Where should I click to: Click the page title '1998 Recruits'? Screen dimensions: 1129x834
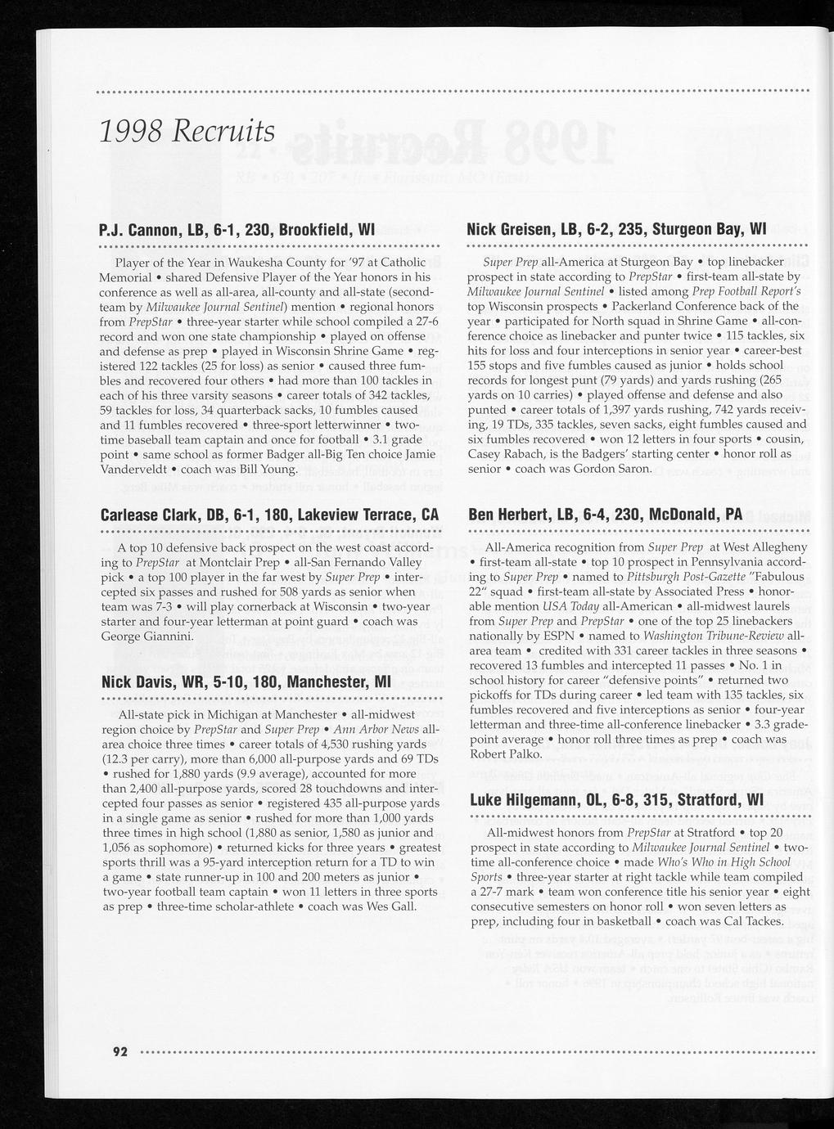coord(186,129)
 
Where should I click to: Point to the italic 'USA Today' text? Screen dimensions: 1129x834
coord(568,606)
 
